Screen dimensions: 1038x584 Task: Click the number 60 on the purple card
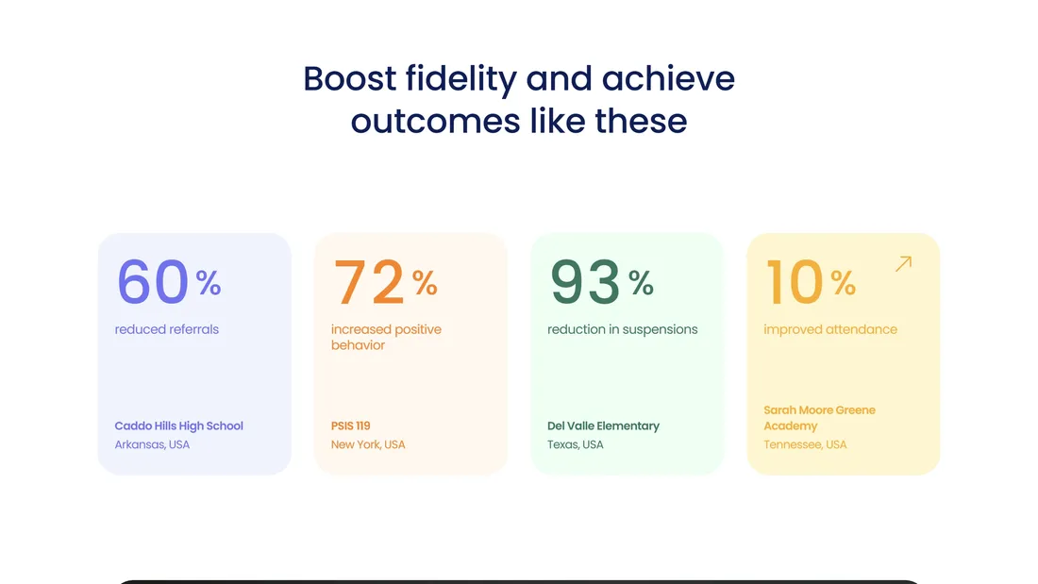[153, 281]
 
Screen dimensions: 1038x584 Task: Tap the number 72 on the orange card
[369, 281]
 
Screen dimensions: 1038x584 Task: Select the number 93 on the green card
[585, 281]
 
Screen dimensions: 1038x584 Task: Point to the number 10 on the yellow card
[795, 281]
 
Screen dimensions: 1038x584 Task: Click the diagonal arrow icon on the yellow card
[904, 263]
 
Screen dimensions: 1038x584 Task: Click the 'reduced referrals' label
[167, 329]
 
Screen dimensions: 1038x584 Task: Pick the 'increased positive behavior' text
[386, 337]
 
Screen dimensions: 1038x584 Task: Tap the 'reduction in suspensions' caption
[622, 329]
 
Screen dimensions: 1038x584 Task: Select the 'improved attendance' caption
[830, 330]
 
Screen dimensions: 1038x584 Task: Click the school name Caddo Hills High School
[178, 425]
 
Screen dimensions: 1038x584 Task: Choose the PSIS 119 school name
[351, 425]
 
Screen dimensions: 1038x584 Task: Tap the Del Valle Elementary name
[603, 425]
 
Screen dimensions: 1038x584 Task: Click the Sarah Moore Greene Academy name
[819, 418]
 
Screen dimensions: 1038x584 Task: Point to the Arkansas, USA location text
[152, 444]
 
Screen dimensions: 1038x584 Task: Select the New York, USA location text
[368, 444]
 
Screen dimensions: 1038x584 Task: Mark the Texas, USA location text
[576, 444]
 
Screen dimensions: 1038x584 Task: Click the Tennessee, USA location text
[805, 444]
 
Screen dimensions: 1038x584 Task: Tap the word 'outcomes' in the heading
[436, 121]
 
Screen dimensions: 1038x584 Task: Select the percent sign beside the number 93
[641, 283]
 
